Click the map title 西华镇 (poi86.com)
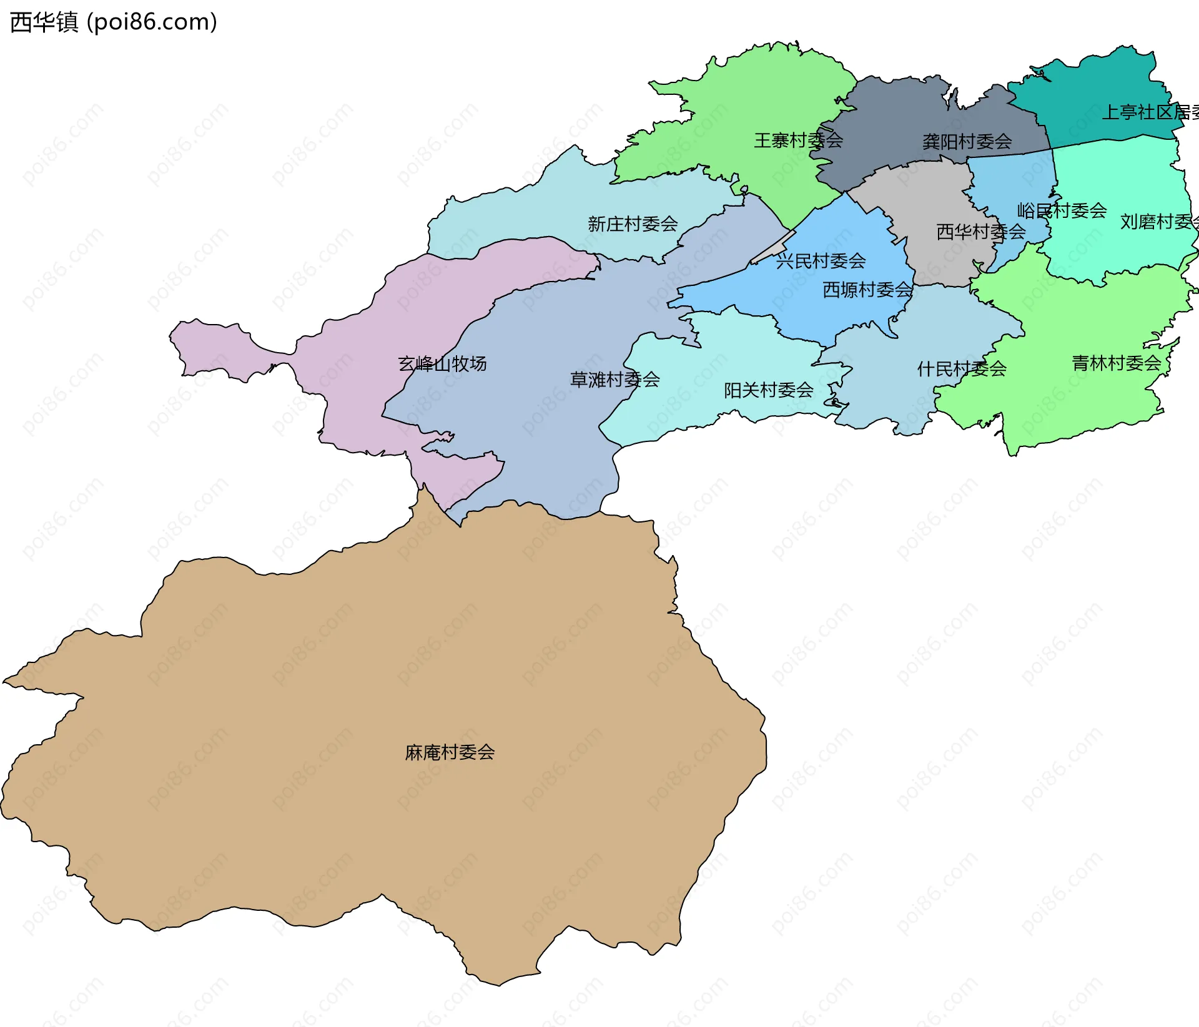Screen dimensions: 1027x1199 point(114,22)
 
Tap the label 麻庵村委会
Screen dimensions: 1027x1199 point(450,752)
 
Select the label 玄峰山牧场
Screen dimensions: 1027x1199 point(442,364)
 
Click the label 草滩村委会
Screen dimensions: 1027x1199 point(614,380)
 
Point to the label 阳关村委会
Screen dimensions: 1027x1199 point(768,390)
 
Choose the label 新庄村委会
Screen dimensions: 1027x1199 point(633,224)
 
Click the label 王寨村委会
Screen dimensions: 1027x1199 point(798,140)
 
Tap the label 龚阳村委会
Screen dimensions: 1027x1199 point(967,142)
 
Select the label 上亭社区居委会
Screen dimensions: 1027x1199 point(1149,112)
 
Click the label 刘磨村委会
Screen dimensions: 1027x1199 point(1158,222)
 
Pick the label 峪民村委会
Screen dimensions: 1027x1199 point(1062,210)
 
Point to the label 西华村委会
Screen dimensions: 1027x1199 point(980,232)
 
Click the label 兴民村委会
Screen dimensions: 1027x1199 point(821,261)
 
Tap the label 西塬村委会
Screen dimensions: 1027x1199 point(867,290)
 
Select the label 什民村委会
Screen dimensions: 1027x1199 point(962,369)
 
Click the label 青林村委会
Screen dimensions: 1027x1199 point(1116,363)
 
